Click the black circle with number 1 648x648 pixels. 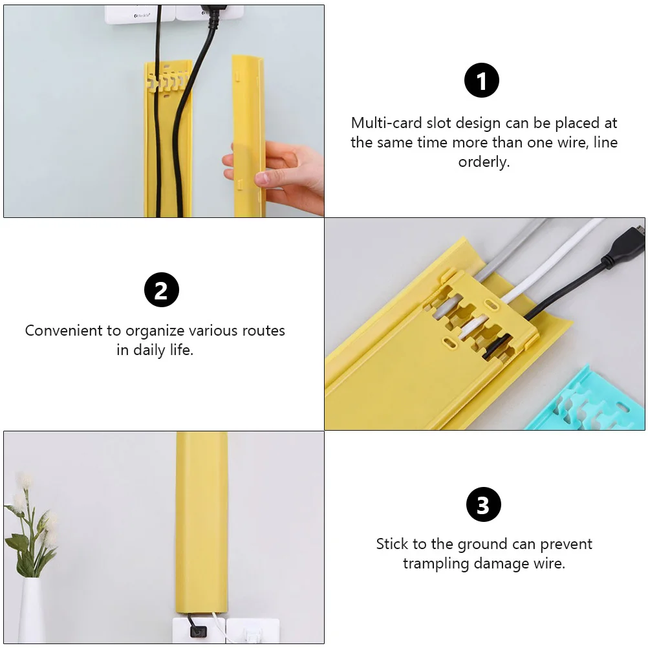[x=482, y=81]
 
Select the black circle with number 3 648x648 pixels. [x=483, y=504]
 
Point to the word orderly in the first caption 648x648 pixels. [x=484, y=162]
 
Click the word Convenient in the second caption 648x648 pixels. [x=65, y=330]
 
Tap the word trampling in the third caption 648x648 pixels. [x=436, y=563]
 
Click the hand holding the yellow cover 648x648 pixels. [x=278, y=171]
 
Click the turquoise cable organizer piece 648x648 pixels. [x=589, y=401]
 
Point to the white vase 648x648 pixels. [x=30, y=611]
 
